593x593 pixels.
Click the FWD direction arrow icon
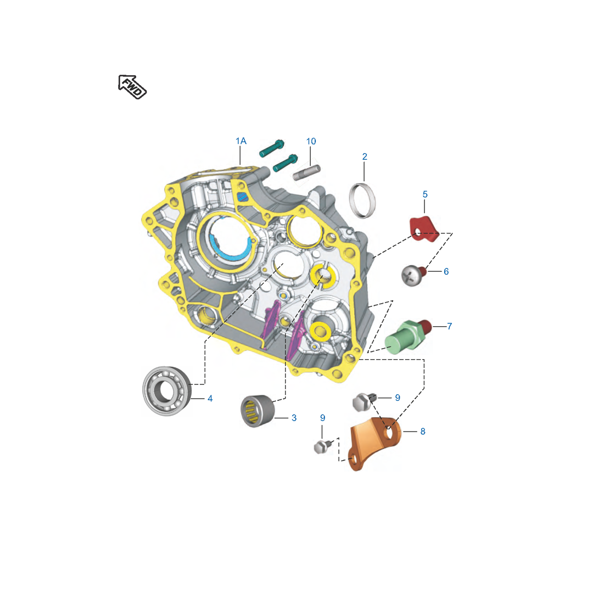coord(132,87)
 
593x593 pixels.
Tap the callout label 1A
coord(241,141)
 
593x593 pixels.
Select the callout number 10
coord(311,141)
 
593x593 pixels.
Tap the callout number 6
coord(446,271)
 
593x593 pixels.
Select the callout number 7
coord(449,326)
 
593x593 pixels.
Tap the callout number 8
coord(423,432)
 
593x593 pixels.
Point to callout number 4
coord(210,399)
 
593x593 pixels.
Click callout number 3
coord(294,418)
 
